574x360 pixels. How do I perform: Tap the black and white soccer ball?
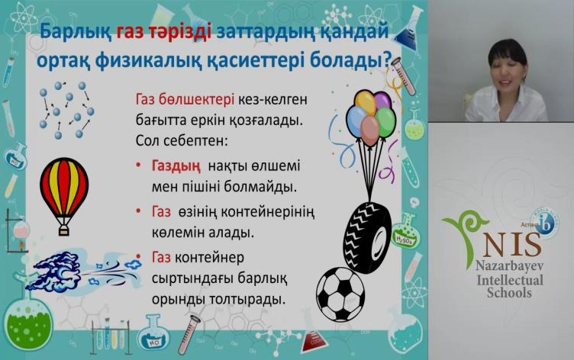tap(340, 294)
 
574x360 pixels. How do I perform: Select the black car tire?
tap(367, 236)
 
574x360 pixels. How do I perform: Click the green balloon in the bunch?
tap(385, 122)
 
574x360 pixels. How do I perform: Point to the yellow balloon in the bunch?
tap(366, 103)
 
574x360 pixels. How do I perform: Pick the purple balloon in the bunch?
tap(382, 100)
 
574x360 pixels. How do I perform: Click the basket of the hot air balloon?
tap(64, 230)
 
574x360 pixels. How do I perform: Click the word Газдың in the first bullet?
tap(176, 166)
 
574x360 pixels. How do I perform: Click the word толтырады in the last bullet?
tap(247, 300)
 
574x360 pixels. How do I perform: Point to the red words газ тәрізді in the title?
tap(164, 31)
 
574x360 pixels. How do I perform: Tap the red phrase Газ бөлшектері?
tap(185, 99)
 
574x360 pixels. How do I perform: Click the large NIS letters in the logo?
tap(511, 245)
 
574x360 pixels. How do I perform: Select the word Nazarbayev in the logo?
tap(509, 266)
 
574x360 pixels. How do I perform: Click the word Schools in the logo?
tap(509, 293)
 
